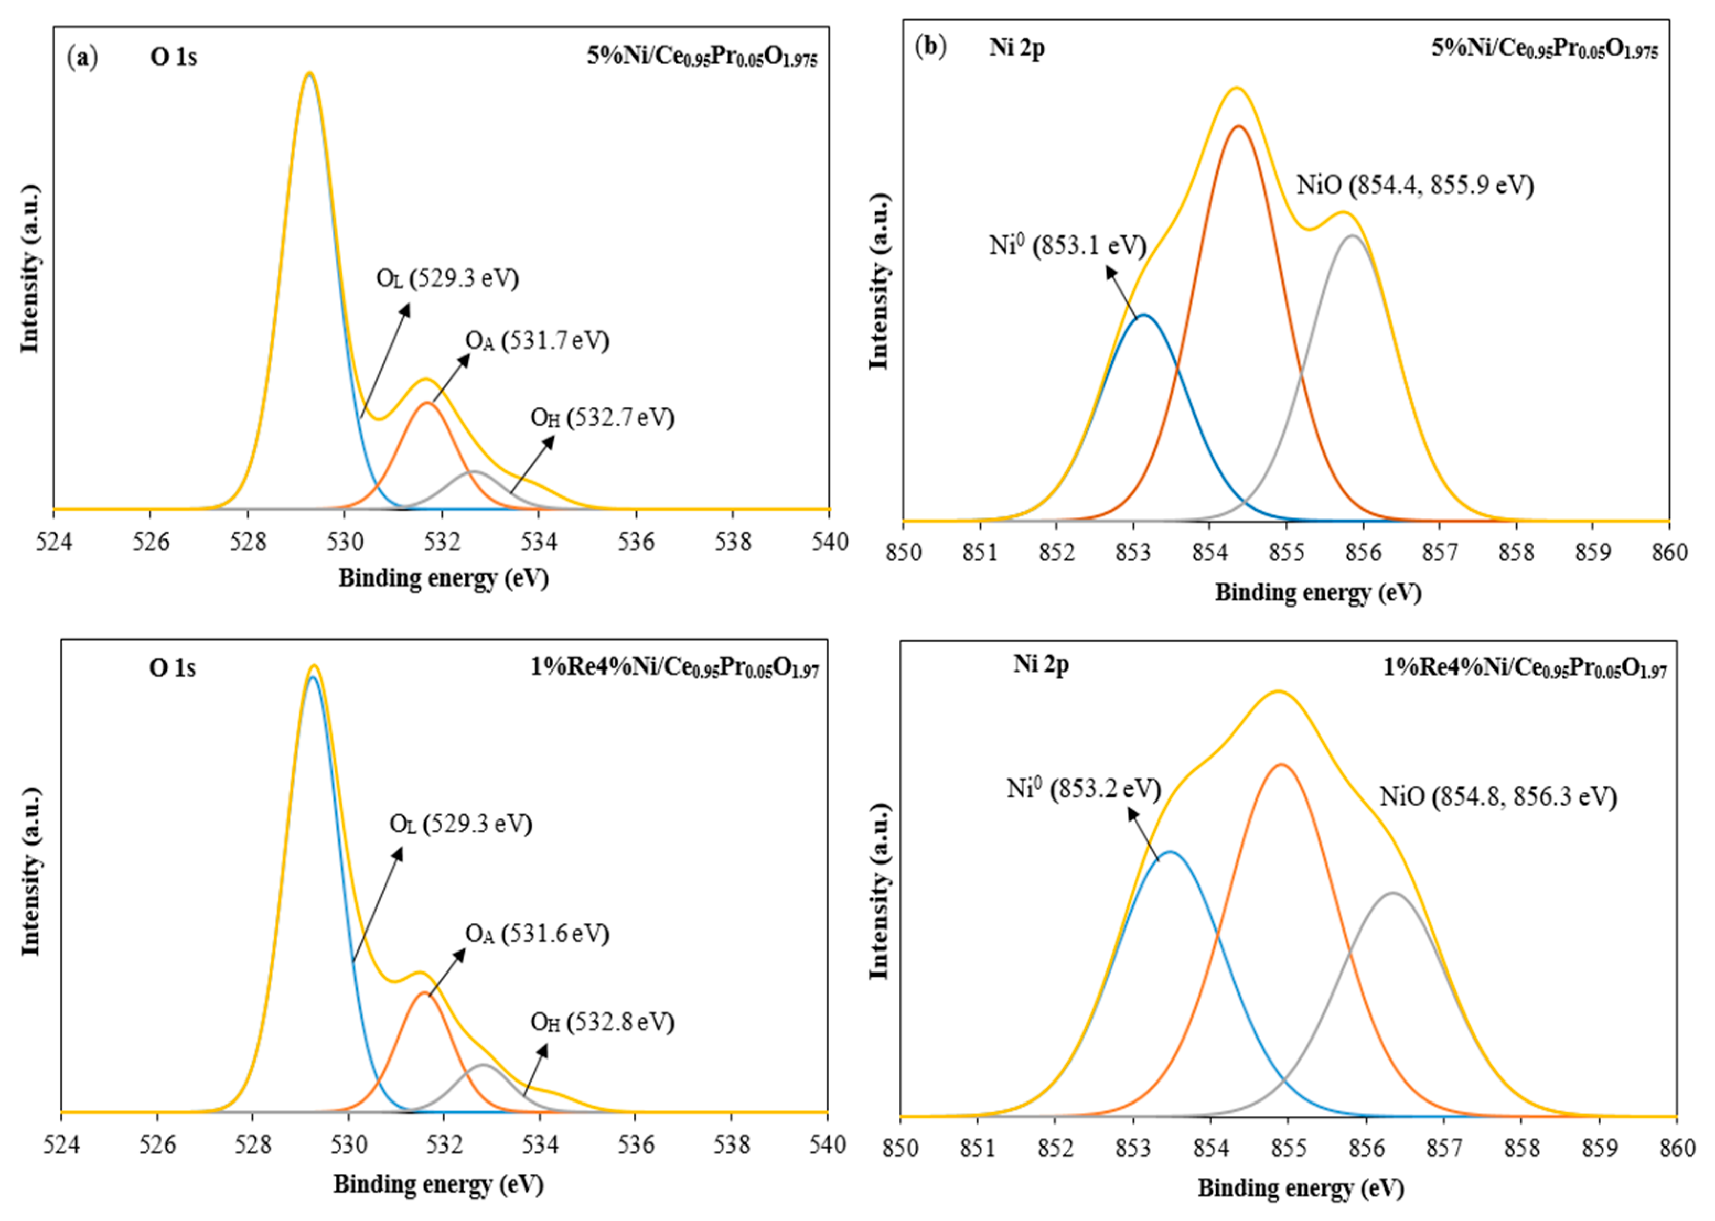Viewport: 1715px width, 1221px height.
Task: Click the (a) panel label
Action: (82, 57)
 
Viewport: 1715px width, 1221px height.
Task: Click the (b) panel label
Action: (930, 47)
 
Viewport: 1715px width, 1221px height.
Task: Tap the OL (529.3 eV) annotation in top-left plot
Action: (447, 279)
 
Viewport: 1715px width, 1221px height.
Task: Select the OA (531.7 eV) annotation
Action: (537, 341)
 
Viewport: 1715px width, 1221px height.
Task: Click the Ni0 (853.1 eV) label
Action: (1067, 246)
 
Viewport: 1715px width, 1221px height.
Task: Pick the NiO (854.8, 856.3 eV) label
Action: (1497, 797)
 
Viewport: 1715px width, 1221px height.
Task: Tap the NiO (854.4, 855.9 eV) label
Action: (1414, 185)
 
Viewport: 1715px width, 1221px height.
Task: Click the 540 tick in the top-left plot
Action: (829, 542)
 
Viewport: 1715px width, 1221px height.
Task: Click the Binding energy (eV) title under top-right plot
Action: (1318, 592)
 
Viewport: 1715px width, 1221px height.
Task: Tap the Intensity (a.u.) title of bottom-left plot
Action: (30, 872)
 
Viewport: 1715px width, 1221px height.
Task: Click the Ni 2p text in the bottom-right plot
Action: (1041, 665)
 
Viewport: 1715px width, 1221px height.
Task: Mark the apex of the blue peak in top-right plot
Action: (1143, 315)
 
